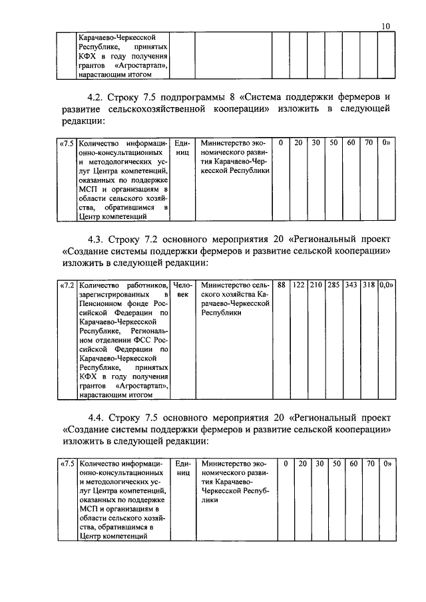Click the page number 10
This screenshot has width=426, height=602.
(386, 26)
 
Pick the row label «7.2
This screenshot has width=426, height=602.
(67, 285)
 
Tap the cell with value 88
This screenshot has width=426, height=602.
(282, 285)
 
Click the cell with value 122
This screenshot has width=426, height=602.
(299, 285)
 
